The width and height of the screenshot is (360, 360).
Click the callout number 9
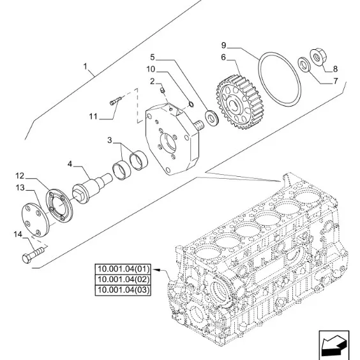[223, 45]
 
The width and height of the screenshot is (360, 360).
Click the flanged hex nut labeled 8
[318, 57]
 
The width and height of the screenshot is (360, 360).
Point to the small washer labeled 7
[304, 64]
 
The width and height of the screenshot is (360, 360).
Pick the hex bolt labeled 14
[33, 255]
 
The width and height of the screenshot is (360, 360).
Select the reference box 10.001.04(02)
[123, 280]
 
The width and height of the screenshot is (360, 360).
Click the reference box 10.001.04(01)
[123, 269]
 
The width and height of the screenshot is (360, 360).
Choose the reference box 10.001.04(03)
[123, 290]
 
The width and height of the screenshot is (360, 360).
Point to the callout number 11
[93, 116]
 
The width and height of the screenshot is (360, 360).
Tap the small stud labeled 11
[116, 101]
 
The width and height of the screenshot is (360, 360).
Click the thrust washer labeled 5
[212, 118]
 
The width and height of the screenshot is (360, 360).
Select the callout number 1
[85, 66]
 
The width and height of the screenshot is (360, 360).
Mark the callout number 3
[110, 140]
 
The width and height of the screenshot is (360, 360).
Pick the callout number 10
[151, 69]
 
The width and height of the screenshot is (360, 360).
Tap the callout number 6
[223, 57]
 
